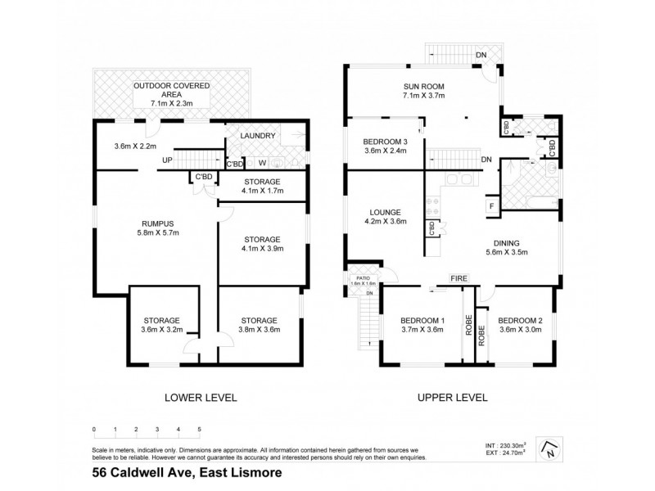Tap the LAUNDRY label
point(255,137)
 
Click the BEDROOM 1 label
point(422,320)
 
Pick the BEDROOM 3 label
point(386,141)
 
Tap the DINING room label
point(516,242)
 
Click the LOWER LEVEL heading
point(201,398)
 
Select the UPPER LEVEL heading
point(453,398)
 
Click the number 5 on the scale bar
point(199,429)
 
